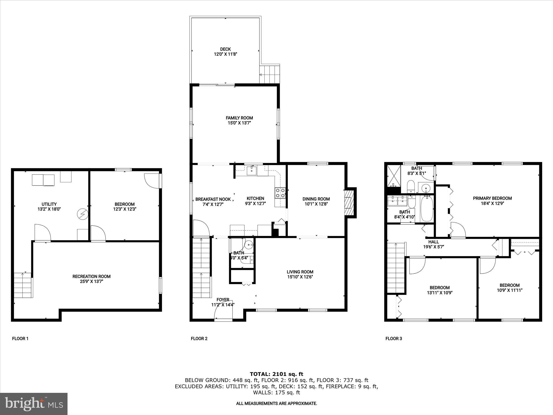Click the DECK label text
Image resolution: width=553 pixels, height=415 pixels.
tap(225, 49)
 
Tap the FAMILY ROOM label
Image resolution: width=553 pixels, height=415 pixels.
tap(239, 118)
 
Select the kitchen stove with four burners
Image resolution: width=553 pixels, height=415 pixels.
tap(280, 193)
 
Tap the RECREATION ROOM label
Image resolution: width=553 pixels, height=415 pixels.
tap(91, 276)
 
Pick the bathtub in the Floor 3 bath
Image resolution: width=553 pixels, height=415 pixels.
tap(427, 208)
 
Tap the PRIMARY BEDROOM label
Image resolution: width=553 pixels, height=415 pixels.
tap(492, 198)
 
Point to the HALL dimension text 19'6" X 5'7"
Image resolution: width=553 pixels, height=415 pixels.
tap(433, 247)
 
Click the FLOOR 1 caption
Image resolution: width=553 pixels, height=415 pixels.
tap(20, 339)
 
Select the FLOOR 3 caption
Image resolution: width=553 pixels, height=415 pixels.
tap(393, 339)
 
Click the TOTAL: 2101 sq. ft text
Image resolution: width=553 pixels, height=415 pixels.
tap(276, 374)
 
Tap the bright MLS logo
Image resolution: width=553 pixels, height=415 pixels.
tap(34, 404)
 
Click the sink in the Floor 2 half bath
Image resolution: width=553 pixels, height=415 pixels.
tap(249, 245)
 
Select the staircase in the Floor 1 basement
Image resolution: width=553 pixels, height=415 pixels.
tap(23, 285)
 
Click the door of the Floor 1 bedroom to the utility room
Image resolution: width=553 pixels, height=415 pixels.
tap(98, 234)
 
